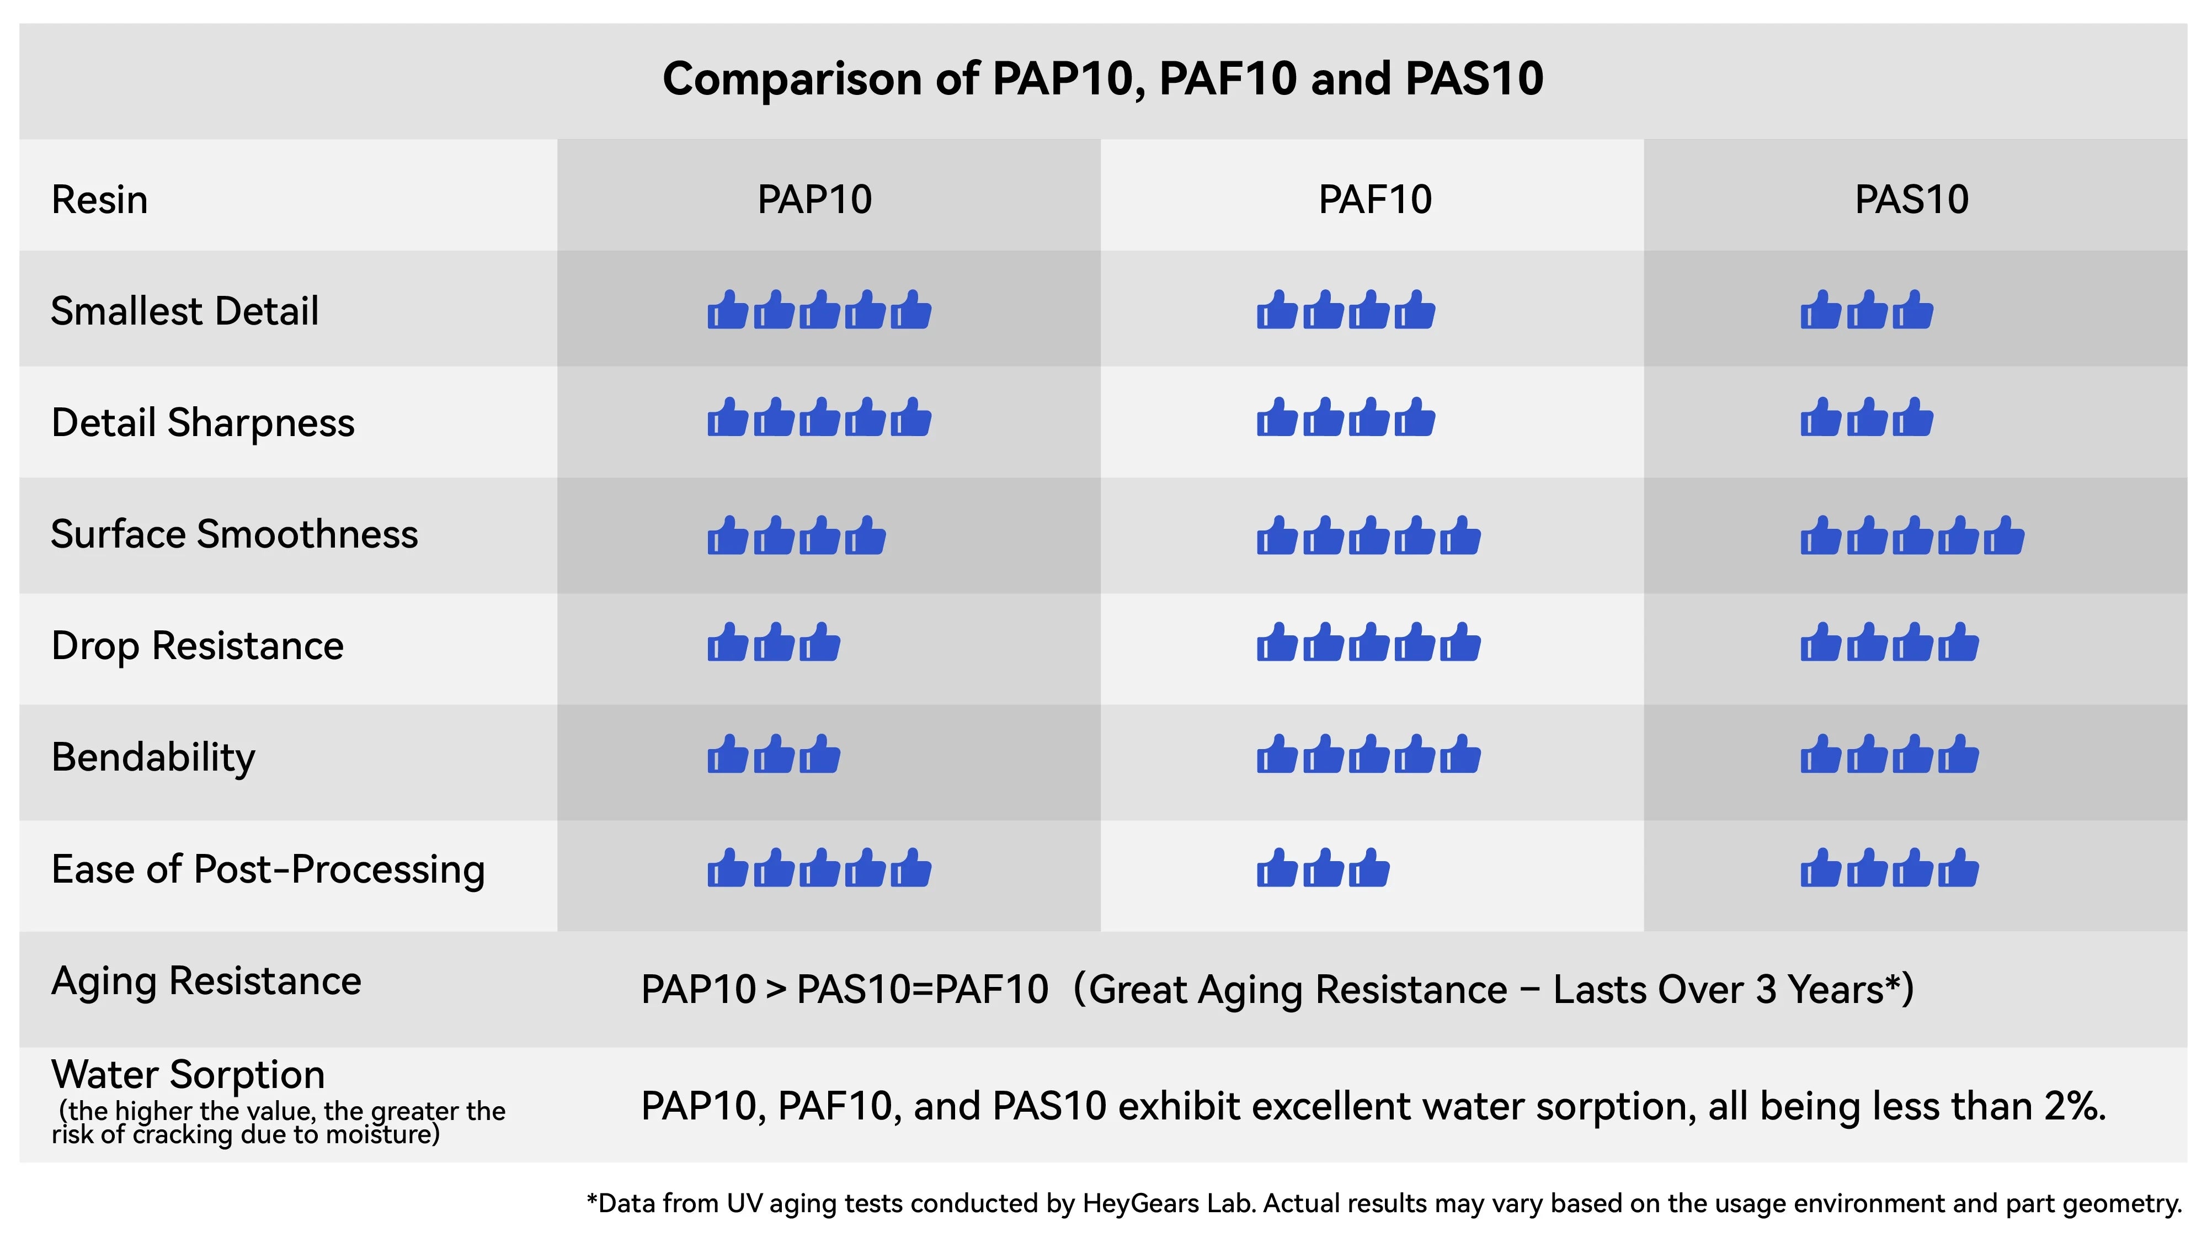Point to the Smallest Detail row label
(184, 310)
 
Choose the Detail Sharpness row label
(202, 423)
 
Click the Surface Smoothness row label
(234, 534)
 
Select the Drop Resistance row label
(197, 645)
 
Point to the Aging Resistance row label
(206, 980)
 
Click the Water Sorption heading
(188, 1075)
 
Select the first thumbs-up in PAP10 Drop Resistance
(727, 643)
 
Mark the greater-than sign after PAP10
(776, 990)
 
